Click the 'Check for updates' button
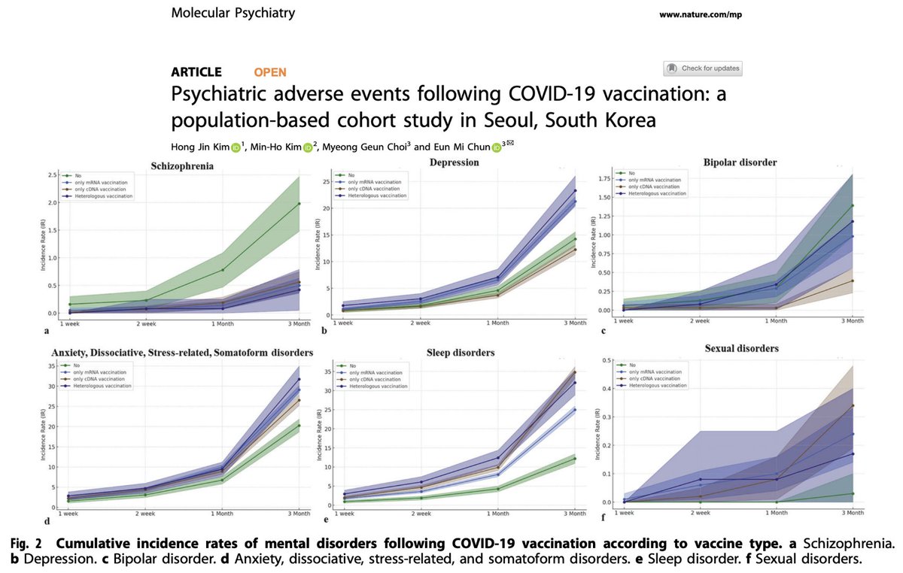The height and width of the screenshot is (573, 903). tap(703, 68)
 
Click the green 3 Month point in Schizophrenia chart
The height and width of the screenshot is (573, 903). tap(299, 204)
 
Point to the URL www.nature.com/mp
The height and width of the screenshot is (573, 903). tap(699, 15)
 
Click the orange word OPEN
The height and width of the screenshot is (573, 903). tap(270, 72)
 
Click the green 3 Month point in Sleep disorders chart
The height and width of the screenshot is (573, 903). tap(576, 459)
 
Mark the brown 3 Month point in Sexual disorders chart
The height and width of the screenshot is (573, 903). tap(852, 406)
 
